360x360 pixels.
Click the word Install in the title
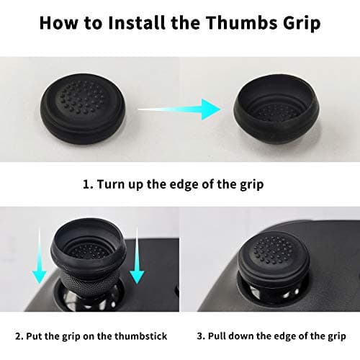[138, 23]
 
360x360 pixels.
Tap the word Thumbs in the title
[242, 23]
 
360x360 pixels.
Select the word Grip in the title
[302, 24]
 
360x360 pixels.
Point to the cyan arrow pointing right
[179, 109]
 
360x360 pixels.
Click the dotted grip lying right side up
[83, 109]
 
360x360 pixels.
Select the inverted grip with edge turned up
[276, 109]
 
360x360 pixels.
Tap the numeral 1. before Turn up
[88, 184]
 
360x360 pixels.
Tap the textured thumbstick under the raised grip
[89, 287]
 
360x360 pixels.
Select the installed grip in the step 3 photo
[274, 261]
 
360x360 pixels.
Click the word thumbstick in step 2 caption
[140, 336]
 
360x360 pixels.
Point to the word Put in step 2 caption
[35, 336]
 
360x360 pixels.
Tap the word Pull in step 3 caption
[217, 336]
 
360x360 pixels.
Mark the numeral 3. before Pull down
[201, 336]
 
